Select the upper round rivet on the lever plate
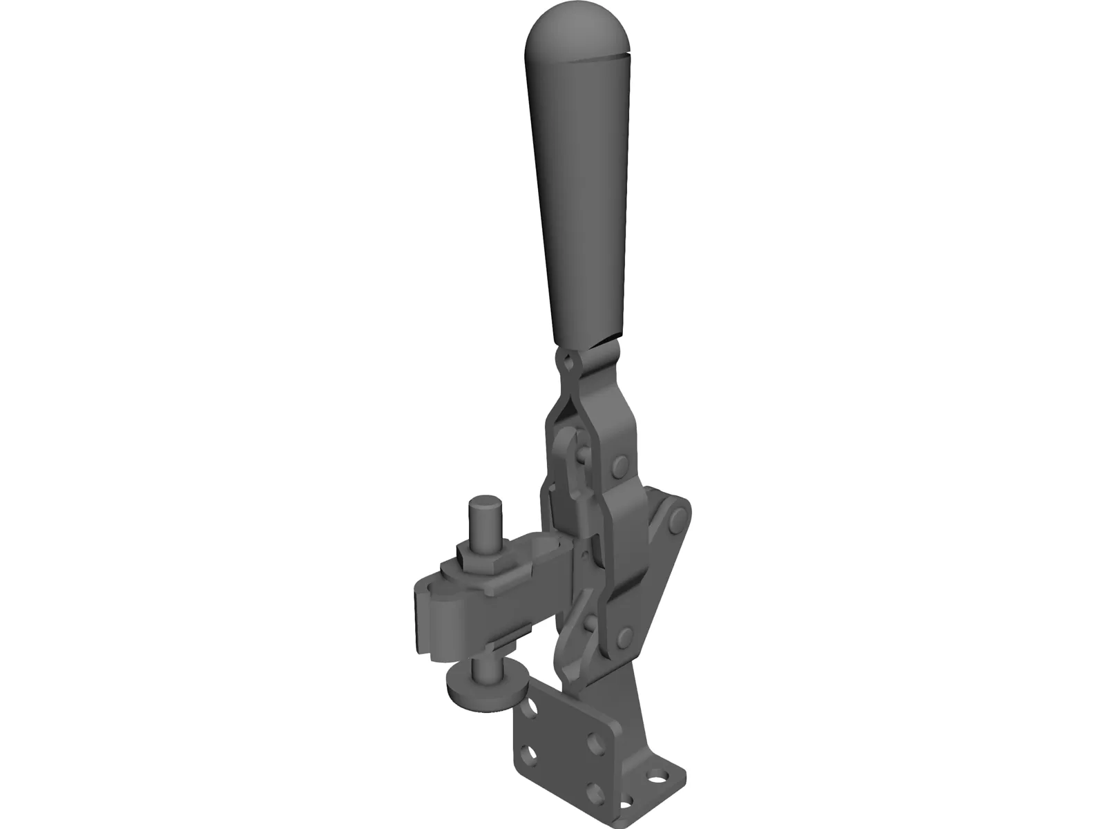(620, 465)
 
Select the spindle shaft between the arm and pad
(481, 667)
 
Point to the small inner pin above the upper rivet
(582, 454)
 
